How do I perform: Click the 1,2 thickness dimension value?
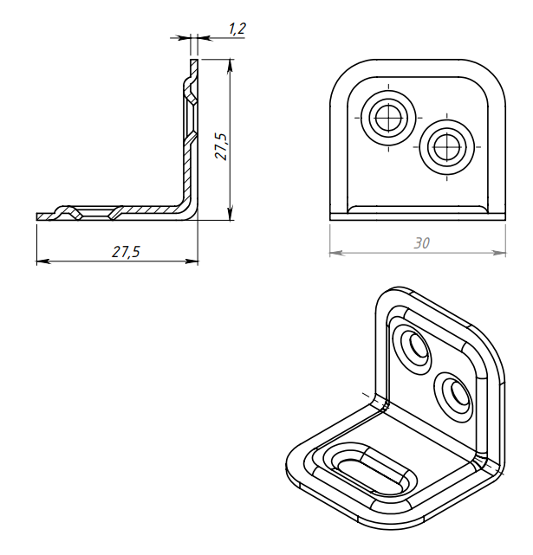point(237,29)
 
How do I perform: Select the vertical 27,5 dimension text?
point(222,146)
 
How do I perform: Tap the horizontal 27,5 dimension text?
point(126,252)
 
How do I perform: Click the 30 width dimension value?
point(422,243)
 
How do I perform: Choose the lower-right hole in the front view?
point(447,146)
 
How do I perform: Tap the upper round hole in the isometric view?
point(419,345)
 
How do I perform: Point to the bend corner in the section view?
point(189,210)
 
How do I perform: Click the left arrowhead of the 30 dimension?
point(337,253)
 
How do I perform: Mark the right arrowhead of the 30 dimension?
point(498,253)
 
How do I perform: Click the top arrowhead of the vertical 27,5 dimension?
point(231,66)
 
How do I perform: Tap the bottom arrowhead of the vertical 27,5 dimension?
point(231,213)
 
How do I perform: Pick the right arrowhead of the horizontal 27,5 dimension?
point(191,261)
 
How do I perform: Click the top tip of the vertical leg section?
point(194,60)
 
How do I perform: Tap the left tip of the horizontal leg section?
point(37,217)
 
